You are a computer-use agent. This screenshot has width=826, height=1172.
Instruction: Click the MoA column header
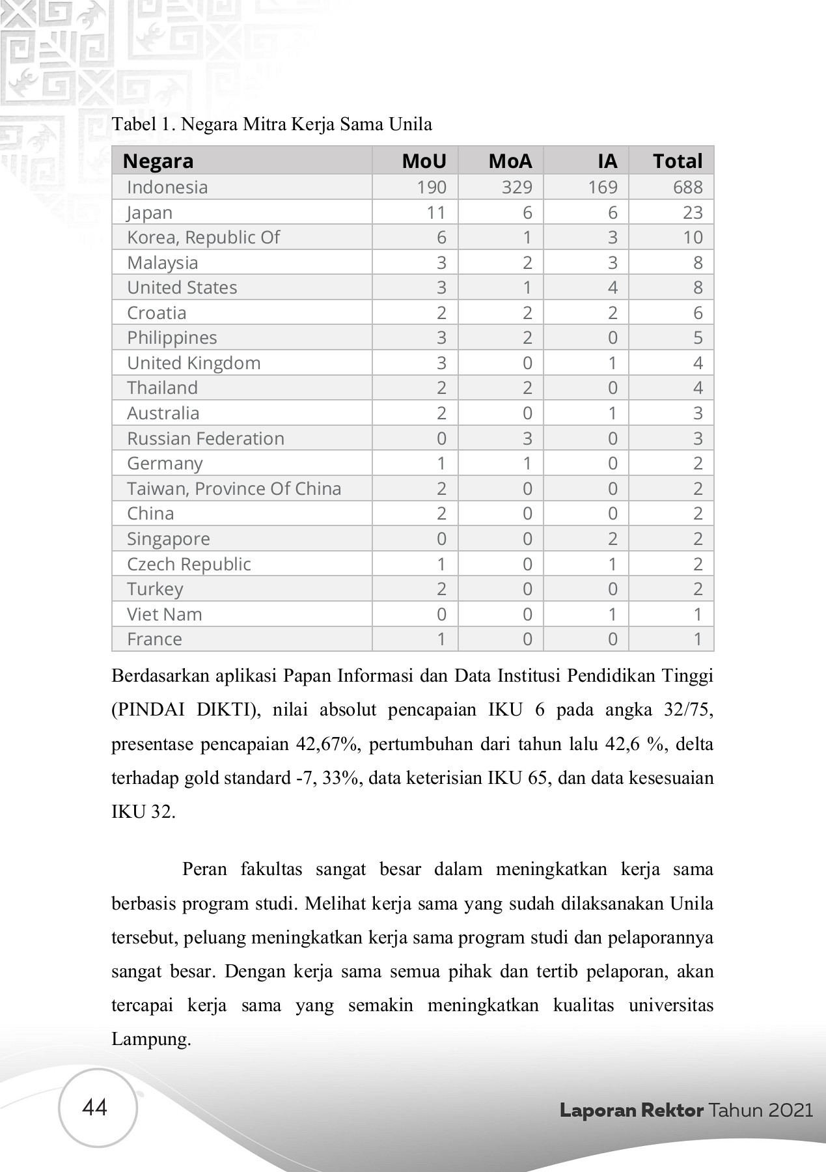510,161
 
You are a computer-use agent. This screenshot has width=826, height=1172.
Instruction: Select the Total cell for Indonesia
687,187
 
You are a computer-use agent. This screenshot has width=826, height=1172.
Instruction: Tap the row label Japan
150,213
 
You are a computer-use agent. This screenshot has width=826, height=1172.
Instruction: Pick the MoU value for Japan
435,212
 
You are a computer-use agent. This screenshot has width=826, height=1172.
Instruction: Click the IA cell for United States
612,287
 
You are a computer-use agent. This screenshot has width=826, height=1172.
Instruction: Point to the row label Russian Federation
206,438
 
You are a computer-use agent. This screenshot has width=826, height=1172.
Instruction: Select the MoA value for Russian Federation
527,438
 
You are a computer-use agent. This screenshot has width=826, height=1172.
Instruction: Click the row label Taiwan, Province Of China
234,488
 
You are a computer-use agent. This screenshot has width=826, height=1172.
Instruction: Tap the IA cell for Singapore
612,538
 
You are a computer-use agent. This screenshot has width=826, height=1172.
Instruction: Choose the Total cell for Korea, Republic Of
693,237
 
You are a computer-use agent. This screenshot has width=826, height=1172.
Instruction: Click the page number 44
95,1108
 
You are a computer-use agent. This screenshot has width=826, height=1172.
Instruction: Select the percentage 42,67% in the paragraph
328,744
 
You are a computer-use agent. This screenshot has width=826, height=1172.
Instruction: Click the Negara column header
158,161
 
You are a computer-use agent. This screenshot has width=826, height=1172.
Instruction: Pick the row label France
154,639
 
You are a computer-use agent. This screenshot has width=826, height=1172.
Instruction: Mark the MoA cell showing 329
517,187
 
